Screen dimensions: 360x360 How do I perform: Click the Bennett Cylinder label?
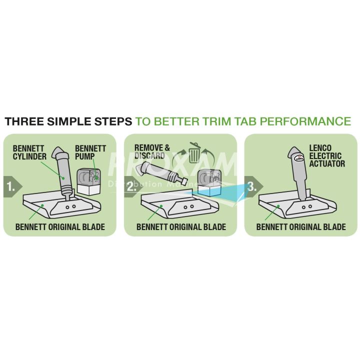pyautogui.click(x=29, y=152)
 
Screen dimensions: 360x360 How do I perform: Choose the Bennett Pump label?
pyautogui.click(x=90, y=152)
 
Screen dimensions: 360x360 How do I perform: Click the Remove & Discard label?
pyautogui.click(x=152, y=151)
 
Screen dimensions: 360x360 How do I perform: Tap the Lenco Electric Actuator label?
pyautogui.click(x=327, y=155)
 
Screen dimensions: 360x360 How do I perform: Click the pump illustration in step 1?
pyautogui.click(x=89, y=182)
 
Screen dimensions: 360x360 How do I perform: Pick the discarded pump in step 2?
pyautogui.click(x=209, y=183)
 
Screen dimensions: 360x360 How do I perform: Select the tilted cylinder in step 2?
pyautogui.click(x=161, y=172)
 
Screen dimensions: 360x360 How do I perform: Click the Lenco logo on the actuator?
pyautogui.click(x=299, y=158)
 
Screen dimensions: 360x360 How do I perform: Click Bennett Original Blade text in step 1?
pyautogui.click(x=60, y=227)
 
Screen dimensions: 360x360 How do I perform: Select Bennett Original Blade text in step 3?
pyautogui.click(x=301, y=227)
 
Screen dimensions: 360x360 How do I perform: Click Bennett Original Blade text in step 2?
pyautogui.click(x=181, y=227)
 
